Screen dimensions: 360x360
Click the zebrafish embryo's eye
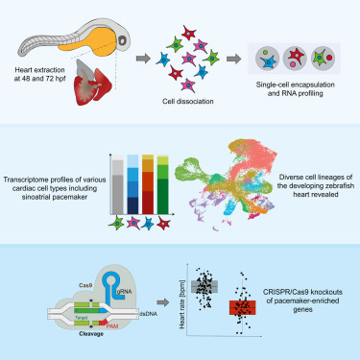point(123,40)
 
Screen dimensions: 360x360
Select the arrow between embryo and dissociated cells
point(143,59)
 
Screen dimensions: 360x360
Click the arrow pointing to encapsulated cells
point(233,59)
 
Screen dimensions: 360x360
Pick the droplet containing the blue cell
point(268,59)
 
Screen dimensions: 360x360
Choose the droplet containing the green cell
point(323,59)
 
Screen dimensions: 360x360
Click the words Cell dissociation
point(188,102)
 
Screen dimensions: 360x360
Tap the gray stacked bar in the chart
point(118,184)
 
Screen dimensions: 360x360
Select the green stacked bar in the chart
point(163,184)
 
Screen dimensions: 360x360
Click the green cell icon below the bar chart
point(116,223)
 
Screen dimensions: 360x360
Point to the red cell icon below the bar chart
point(163,224)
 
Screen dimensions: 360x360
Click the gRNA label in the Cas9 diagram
point(124,292)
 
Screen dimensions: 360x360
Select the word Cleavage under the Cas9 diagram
point(91,334)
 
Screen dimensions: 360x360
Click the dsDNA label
point(149,314)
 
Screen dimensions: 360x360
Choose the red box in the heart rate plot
point(242,307)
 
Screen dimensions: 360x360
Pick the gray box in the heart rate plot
point(204,286)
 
